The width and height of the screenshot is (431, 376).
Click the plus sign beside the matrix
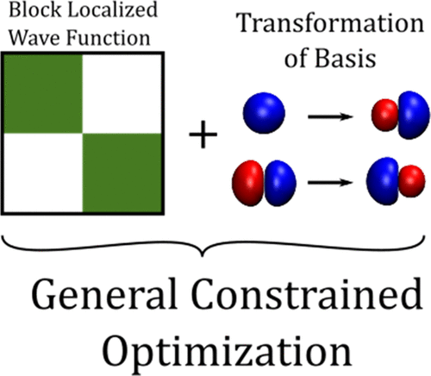point(204,137)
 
